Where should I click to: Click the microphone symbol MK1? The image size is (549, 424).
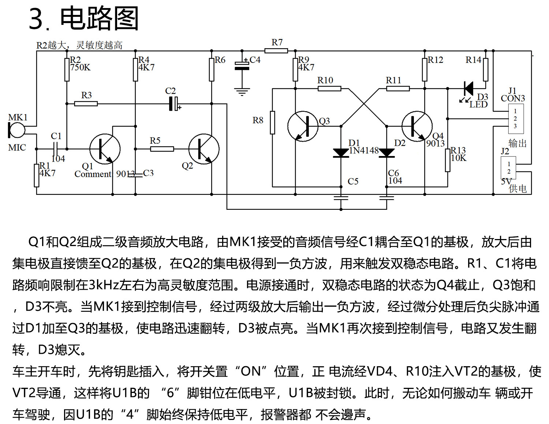point(17,130)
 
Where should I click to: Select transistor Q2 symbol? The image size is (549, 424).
point(204,149)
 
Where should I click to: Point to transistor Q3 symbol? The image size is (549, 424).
point(303,126)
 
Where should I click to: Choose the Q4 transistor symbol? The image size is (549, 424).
point(417,126)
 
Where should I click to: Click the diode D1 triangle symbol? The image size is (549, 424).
point(341,153)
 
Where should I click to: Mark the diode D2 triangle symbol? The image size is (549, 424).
point(386,153)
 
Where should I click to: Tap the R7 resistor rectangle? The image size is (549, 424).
point(276,51)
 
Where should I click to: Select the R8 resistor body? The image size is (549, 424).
point(272,122)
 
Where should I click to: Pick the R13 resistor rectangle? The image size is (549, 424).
point(448,160)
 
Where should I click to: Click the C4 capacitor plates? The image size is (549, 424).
point(242,65)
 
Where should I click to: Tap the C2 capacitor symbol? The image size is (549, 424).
point(174,104)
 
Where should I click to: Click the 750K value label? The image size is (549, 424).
point(81,67)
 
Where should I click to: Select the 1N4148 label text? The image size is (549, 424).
point(364,151)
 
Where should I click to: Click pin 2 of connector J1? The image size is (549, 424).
point(515,118)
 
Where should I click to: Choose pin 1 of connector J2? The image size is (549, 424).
point(509,164)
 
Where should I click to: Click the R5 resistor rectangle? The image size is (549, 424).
point(162,149)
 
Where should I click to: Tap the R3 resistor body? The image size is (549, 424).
point(86,104)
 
